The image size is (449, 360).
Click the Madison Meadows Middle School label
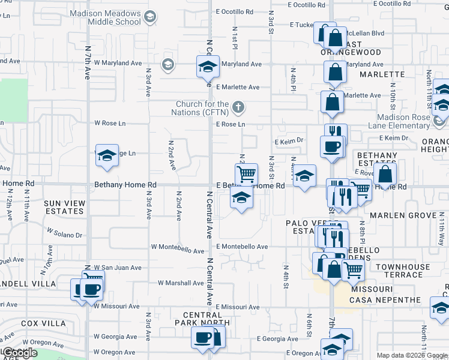point(105,17)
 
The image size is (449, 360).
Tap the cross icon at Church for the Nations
point(238,108)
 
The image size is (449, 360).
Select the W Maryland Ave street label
point(118,63)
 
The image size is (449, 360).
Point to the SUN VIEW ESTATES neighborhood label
point(64,208)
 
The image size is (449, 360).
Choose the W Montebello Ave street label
point(179,247)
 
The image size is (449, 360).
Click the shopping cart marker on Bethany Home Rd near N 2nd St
point(246,175)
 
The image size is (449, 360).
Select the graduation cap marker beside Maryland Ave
point(208,67)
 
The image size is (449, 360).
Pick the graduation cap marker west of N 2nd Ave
point(107,156)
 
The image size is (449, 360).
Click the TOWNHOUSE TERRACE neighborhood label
point(403,270)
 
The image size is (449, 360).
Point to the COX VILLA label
point(43,323)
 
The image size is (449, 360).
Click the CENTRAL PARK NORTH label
point(203,319)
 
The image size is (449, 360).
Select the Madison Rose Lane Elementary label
point(403,122)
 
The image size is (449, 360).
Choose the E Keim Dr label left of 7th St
point(290,142)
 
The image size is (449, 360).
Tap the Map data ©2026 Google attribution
point(411,355)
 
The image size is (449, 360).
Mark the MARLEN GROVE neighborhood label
point(402,215)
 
